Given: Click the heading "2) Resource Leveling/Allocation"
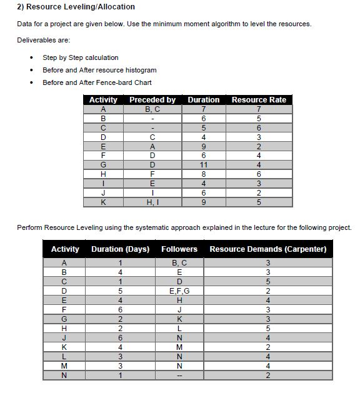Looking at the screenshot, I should pos(76,7).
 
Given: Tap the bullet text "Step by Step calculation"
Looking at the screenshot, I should pos(80,57).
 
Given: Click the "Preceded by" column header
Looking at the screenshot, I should pos(152,100).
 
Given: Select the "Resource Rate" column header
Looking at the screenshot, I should pos(259,100).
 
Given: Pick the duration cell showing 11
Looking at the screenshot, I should pos(204,166).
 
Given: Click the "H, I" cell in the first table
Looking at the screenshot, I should pos(152,202).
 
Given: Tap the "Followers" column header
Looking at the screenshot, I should pos(179,249).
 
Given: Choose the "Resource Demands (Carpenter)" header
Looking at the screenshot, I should pos(267,249).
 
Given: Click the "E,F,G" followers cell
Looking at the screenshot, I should pos(179,291).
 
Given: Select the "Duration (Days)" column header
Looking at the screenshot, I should pos(120,249).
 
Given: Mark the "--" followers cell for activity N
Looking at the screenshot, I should pos(179,375).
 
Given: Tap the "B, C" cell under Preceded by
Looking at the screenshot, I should pos(152,109).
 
